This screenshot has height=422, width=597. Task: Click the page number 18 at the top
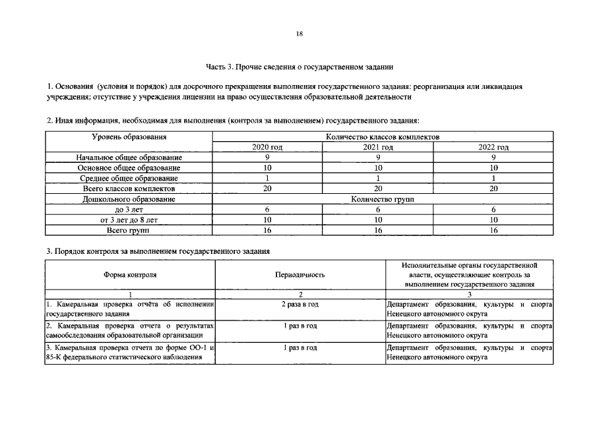pos(299,34)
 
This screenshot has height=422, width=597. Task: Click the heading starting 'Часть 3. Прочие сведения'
pos(299,67)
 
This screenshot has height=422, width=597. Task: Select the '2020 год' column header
pos(267,147)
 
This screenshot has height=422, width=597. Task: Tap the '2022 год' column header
pos(493,147)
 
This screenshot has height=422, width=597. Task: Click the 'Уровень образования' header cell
pos(129,137)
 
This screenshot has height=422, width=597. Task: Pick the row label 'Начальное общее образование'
pos(129,158)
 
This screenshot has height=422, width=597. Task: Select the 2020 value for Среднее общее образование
pos(267,178)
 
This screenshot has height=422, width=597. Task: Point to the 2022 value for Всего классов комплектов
pos(493,189)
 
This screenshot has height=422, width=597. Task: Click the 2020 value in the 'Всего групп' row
pos(267,230)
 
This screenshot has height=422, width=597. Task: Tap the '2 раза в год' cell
pos(299,304)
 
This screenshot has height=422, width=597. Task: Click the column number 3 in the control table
pos(468,294)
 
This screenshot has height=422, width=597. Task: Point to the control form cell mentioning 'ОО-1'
pos(131,352)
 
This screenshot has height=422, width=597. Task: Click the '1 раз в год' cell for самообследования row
pos(299,326)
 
